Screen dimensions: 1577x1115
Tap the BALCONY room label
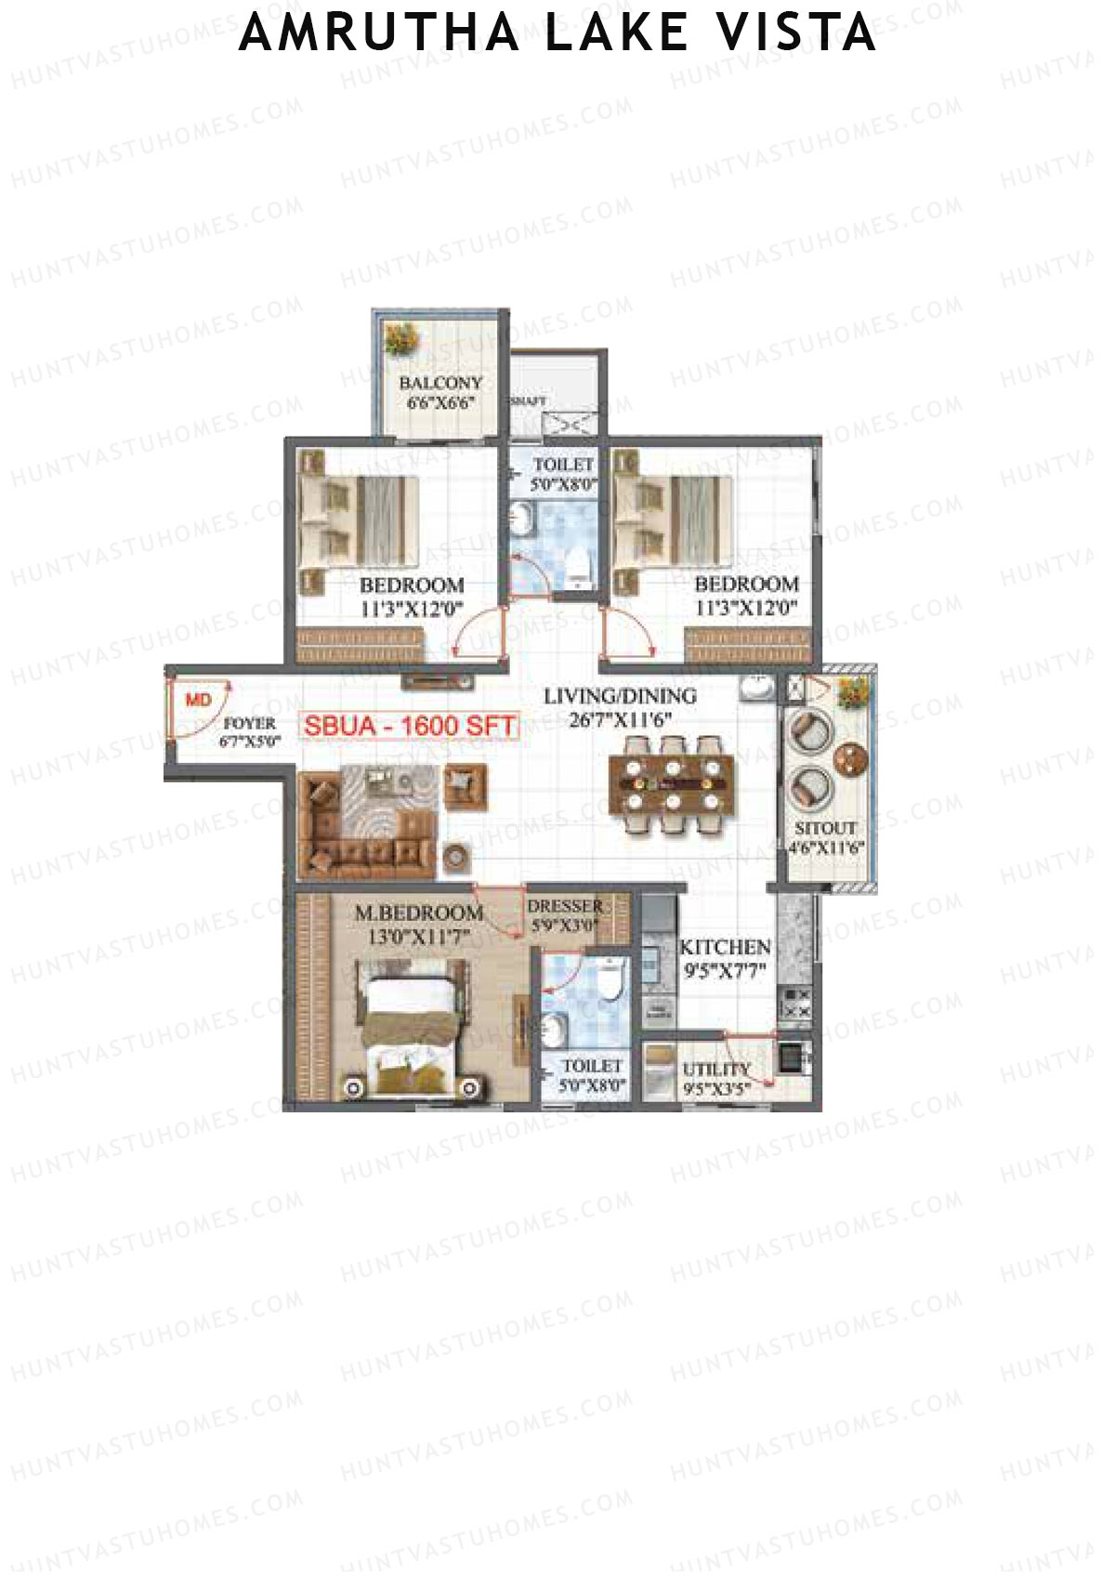click(x=440, y=383)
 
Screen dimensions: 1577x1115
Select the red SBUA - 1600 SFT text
click(x=410, y=726)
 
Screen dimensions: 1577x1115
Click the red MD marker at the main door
click(x=198, y=700)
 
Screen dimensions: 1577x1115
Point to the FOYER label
click(x=250, y=723)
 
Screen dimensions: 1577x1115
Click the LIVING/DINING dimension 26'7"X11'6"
click(x=620, y=719)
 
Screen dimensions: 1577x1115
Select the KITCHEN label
click(x=725, y=947)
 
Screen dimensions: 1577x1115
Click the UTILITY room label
click(x=715, y=1070)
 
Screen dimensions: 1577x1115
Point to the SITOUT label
click(x=825, y=828)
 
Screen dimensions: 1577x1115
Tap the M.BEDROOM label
click(x=418, y=913)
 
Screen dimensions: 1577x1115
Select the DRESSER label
click(x=565, y=906)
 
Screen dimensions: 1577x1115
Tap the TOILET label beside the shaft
click(x=563, y=464)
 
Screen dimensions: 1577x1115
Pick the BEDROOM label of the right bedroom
click(x=746, y=585)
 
